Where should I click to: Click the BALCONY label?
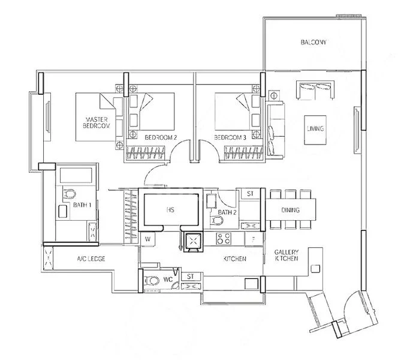point(313,43)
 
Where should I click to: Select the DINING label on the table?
point(290,210)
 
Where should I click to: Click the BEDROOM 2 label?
point(161,137)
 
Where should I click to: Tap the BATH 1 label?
point(82,205)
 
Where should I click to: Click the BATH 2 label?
point(227,211)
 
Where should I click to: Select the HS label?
point(170,211)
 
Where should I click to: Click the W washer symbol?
point(148,239)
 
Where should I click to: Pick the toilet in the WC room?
point(153,280)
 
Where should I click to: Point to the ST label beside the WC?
point(190,276)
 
